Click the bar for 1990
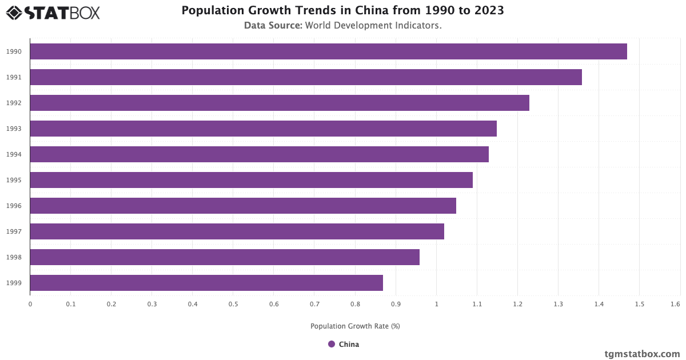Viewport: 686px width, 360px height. coord(328,51)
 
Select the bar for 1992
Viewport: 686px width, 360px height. coord(280,103)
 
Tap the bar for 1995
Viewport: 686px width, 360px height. coord(251,180)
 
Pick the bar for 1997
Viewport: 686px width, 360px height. coord(237,231)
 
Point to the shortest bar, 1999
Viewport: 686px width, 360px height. coord(206,283)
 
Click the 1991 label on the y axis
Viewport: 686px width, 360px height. coord(14,77)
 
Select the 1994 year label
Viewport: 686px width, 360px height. coord(14,154)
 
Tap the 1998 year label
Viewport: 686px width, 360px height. coord(14,257)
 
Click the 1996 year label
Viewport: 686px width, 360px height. coord(14,206)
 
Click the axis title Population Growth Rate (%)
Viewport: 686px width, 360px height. coord(355,326)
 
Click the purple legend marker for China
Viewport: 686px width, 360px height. coord(332,344)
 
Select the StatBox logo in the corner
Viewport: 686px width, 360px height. coord(53,13)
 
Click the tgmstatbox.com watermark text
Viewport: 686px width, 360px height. coord(642,354)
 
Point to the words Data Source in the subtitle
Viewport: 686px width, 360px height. coord(273,26)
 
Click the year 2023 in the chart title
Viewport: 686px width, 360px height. coord(489,10)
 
